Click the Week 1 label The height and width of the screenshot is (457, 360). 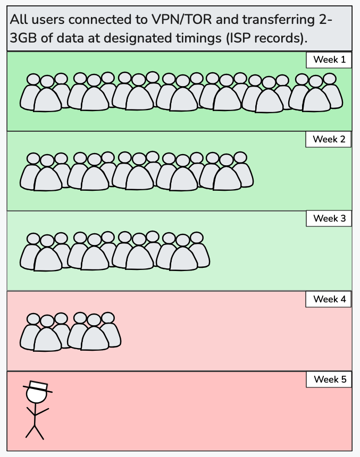click(x=329, y=60)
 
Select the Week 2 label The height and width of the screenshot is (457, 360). click(x=329, y=139)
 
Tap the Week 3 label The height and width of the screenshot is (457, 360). click(x=329, y=218)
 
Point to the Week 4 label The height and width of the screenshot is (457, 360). click(x=329, y=299)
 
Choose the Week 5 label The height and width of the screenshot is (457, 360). click(x=329, y=379)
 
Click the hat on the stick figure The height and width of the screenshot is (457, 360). click(x=38, y=386)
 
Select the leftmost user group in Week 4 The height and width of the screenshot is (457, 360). click(x=47, y=332)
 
